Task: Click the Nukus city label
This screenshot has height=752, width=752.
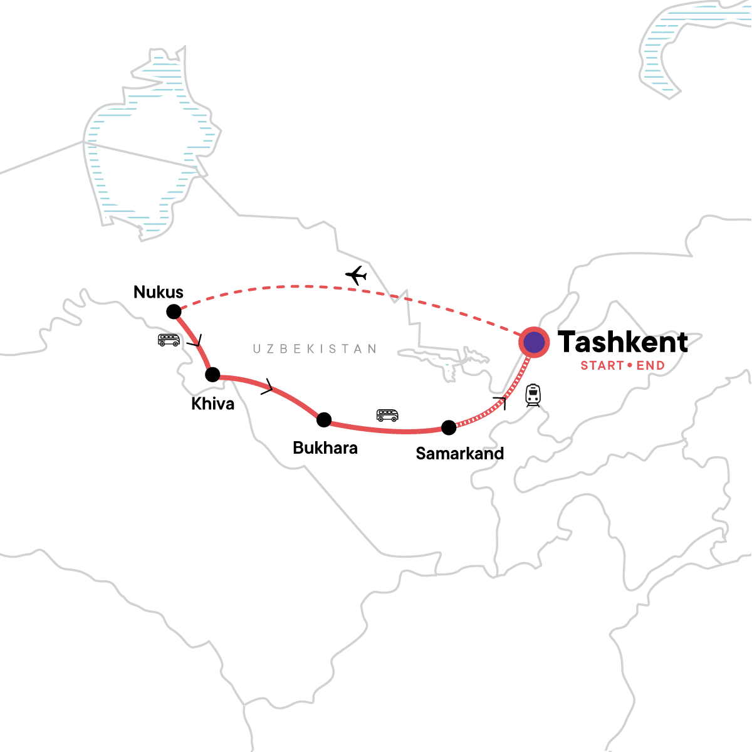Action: coord(159,292)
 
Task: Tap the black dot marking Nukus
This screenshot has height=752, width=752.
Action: coord(174,311)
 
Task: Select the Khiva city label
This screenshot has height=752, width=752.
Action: coord(213,404)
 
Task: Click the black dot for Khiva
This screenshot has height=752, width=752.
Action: coord(212,375)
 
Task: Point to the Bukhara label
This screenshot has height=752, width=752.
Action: coord(325,448)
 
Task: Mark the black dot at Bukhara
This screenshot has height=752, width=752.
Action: coord(324,420)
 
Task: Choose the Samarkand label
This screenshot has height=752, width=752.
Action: coord(460,454)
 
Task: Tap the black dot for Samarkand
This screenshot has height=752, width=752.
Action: coord(449,428)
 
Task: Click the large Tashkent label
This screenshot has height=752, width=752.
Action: coord(623,342)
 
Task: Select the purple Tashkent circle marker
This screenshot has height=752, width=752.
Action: coord(534,343)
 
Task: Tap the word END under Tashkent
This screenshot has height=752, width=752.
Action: coord(650,366)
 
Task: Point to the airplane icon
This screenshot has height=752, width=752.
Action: coord(356,275)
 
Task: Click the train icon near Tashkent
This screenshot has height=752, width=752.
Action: coord(533,395)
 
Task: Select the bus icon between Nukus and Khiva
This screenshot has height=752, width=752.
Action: coord(169,340)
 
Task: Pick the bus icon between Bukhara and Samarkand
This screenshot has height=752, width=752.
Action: coord(387,415)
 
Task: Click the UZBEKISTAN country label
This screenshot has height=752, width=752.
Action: coord(315,349)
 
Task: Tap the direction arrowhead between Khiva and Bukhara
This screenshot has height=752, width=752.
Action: coord(268,387)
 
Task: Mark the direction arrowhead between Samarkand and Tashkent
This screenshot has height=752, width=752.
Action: coord(500,402)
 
